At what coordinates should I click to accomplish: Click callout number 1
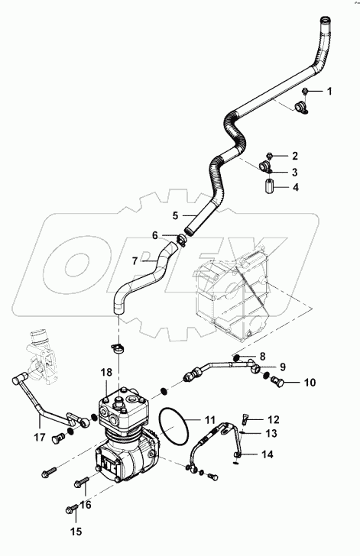329,92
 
